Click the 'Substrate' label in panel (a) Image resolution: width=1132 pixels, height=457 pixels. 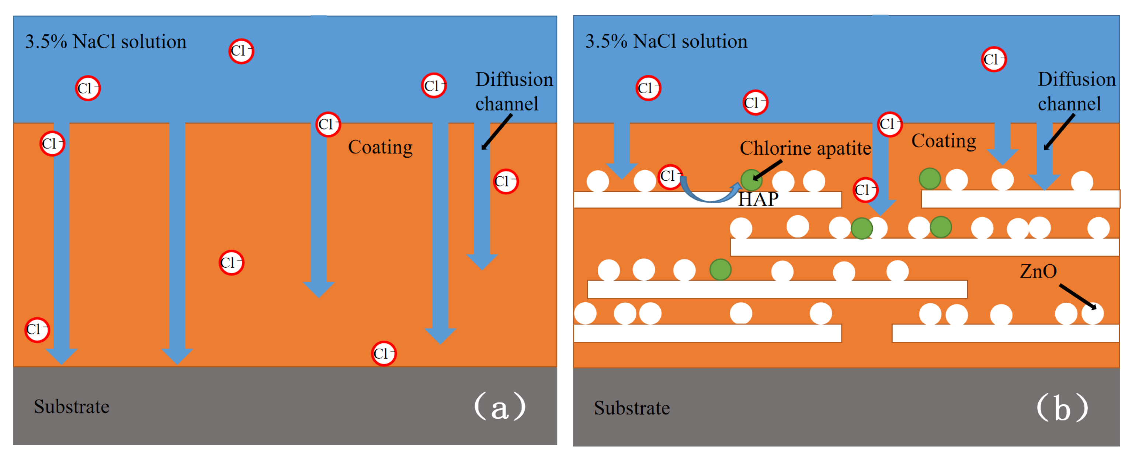[72, 407]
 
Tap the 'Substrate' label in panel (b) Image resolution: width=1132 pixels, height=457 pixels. [632, 408]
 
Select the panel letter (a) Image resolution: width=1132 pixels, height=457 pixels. [500, 407]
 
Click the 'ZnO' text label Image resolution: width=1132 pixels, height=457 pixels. [1038, 271]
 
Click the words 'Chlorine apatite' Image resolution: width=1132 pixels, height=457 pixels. [805, 148]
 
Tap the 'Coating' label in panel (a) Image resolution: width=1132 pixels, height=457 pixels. [380, 147]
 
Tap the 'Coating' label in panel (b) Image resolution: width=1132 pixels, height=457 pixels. [944, 141]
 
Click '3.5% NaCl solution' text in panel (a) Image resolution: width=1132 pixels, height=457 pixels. [105, 42]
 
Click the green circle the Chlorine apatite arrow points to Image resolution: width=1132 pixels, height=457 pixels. [751, 180]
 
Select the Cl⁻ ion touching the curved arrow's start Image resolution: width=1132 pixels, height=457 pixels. [670, 176]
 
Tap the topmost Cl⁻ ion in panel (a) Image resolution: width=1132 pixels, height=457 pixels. [241, 51]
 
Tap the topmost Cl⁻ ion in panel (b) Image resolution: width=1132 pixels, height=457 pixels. [994, 59]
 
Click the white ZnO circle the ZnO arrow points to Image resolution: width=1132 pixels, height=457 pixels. [1093, 313]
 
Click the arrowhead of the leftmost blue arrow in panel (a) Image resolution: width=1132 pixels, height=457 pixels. [62, 356]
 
